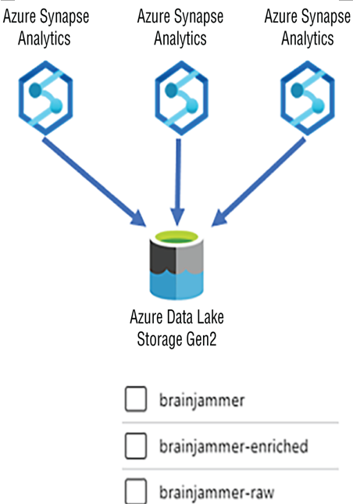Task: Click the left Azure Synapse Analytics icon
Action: click(45, 98)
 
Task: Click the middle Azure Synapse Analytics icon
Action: click(181, 98)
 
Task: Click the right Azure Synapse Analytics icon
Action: click(308, 98)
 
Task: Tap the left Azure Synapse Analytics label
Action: click(45, 27)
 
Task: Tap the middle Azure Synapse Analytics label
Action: click(180, 27)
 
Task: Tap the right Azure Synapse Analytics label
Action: click(308, 27)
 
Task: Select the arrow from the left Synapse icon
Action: click(94, 182)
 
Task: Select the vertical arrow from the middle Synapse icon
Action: click(178, 182)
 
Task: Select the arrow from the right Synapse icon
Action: click(258, 182)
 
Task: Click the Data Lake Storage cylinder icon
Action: click(176, 265)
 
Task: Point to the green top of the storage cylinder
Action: click(176, 238)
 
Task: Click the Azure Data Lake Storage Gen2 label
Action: click(176, 328)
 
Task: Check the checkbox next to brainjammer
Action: click(136, 399)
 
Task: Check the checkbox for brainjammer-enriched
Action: click(136, 446)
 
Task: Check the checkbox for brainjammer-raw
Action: click(136, 491)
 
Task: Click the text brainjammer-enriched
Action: click(233, 447)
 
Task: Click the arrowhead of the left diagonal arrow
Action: click(138, 219)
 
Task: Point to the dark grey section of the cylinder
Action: click(162, 257)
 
